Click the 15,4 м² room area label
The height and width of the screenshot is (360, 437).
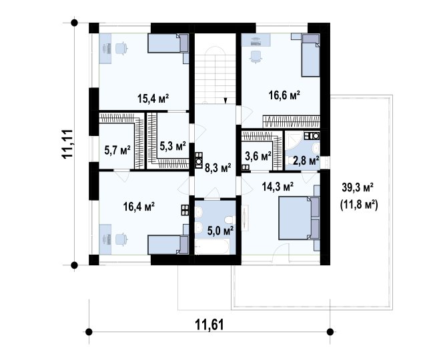point(153,98)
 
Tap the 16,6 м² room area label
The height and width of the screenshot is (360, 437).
point(284,95)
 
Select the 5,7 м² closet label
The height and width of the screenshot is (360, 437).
point(117,151)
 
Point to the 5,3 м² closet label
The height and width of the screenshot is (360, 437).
point(173,145)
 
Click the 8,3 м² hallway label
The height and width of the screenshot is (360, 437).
point(218,167)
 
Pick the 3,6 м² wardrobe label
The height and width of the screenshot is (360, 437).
point(258,156)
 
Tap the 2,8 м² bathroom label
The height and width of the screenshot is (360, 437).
point(306,161)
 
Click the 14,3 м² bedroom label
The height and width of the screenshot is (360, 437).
point(278,186)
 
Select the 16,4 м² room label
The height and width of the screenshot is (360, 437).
point(139,207)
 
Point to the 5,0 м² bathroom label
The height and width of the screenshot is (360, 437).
point(220,231)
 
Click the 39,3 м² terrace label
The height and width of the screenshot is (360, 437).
point(358,187)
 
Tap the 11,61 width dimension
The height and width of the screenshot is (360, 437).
point(209,325)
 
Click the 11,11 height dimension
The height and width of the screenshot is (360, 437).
point(68,144)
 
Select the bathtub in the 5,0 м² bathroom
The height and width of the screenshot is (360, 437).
point(211,247)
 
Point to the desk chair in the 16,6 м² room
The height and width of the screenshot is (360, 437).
point(256,57)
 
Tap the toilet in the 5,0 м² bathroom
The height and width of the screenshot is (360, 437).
point(230,219)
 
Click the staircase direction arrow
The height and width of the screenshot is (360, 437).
point(226,101)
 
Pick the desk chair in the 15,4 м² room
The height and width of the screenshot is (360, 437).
point(121,48)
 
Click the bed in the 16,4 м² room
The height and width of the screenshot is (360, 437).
point(168,245)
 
